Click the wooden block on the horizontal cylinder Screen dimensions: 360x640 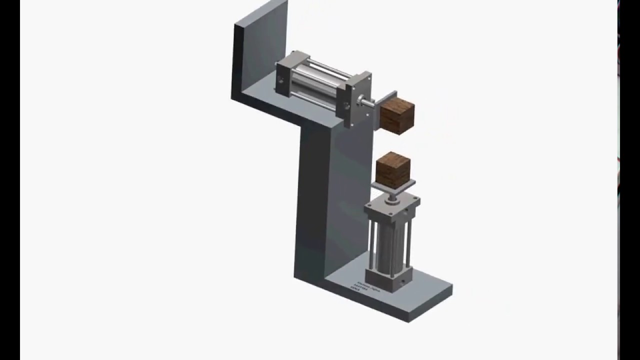tap(397, 116)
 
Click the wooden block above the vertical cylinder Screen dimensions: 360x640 tap(393, 171)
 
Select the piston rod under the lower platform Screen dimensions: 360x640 tap(392, 196)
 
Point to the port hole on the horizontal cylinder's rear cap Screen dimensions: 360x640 tap(280, 79)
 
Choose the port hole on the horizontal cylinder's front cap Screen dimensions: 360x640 tap(345, 105)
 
